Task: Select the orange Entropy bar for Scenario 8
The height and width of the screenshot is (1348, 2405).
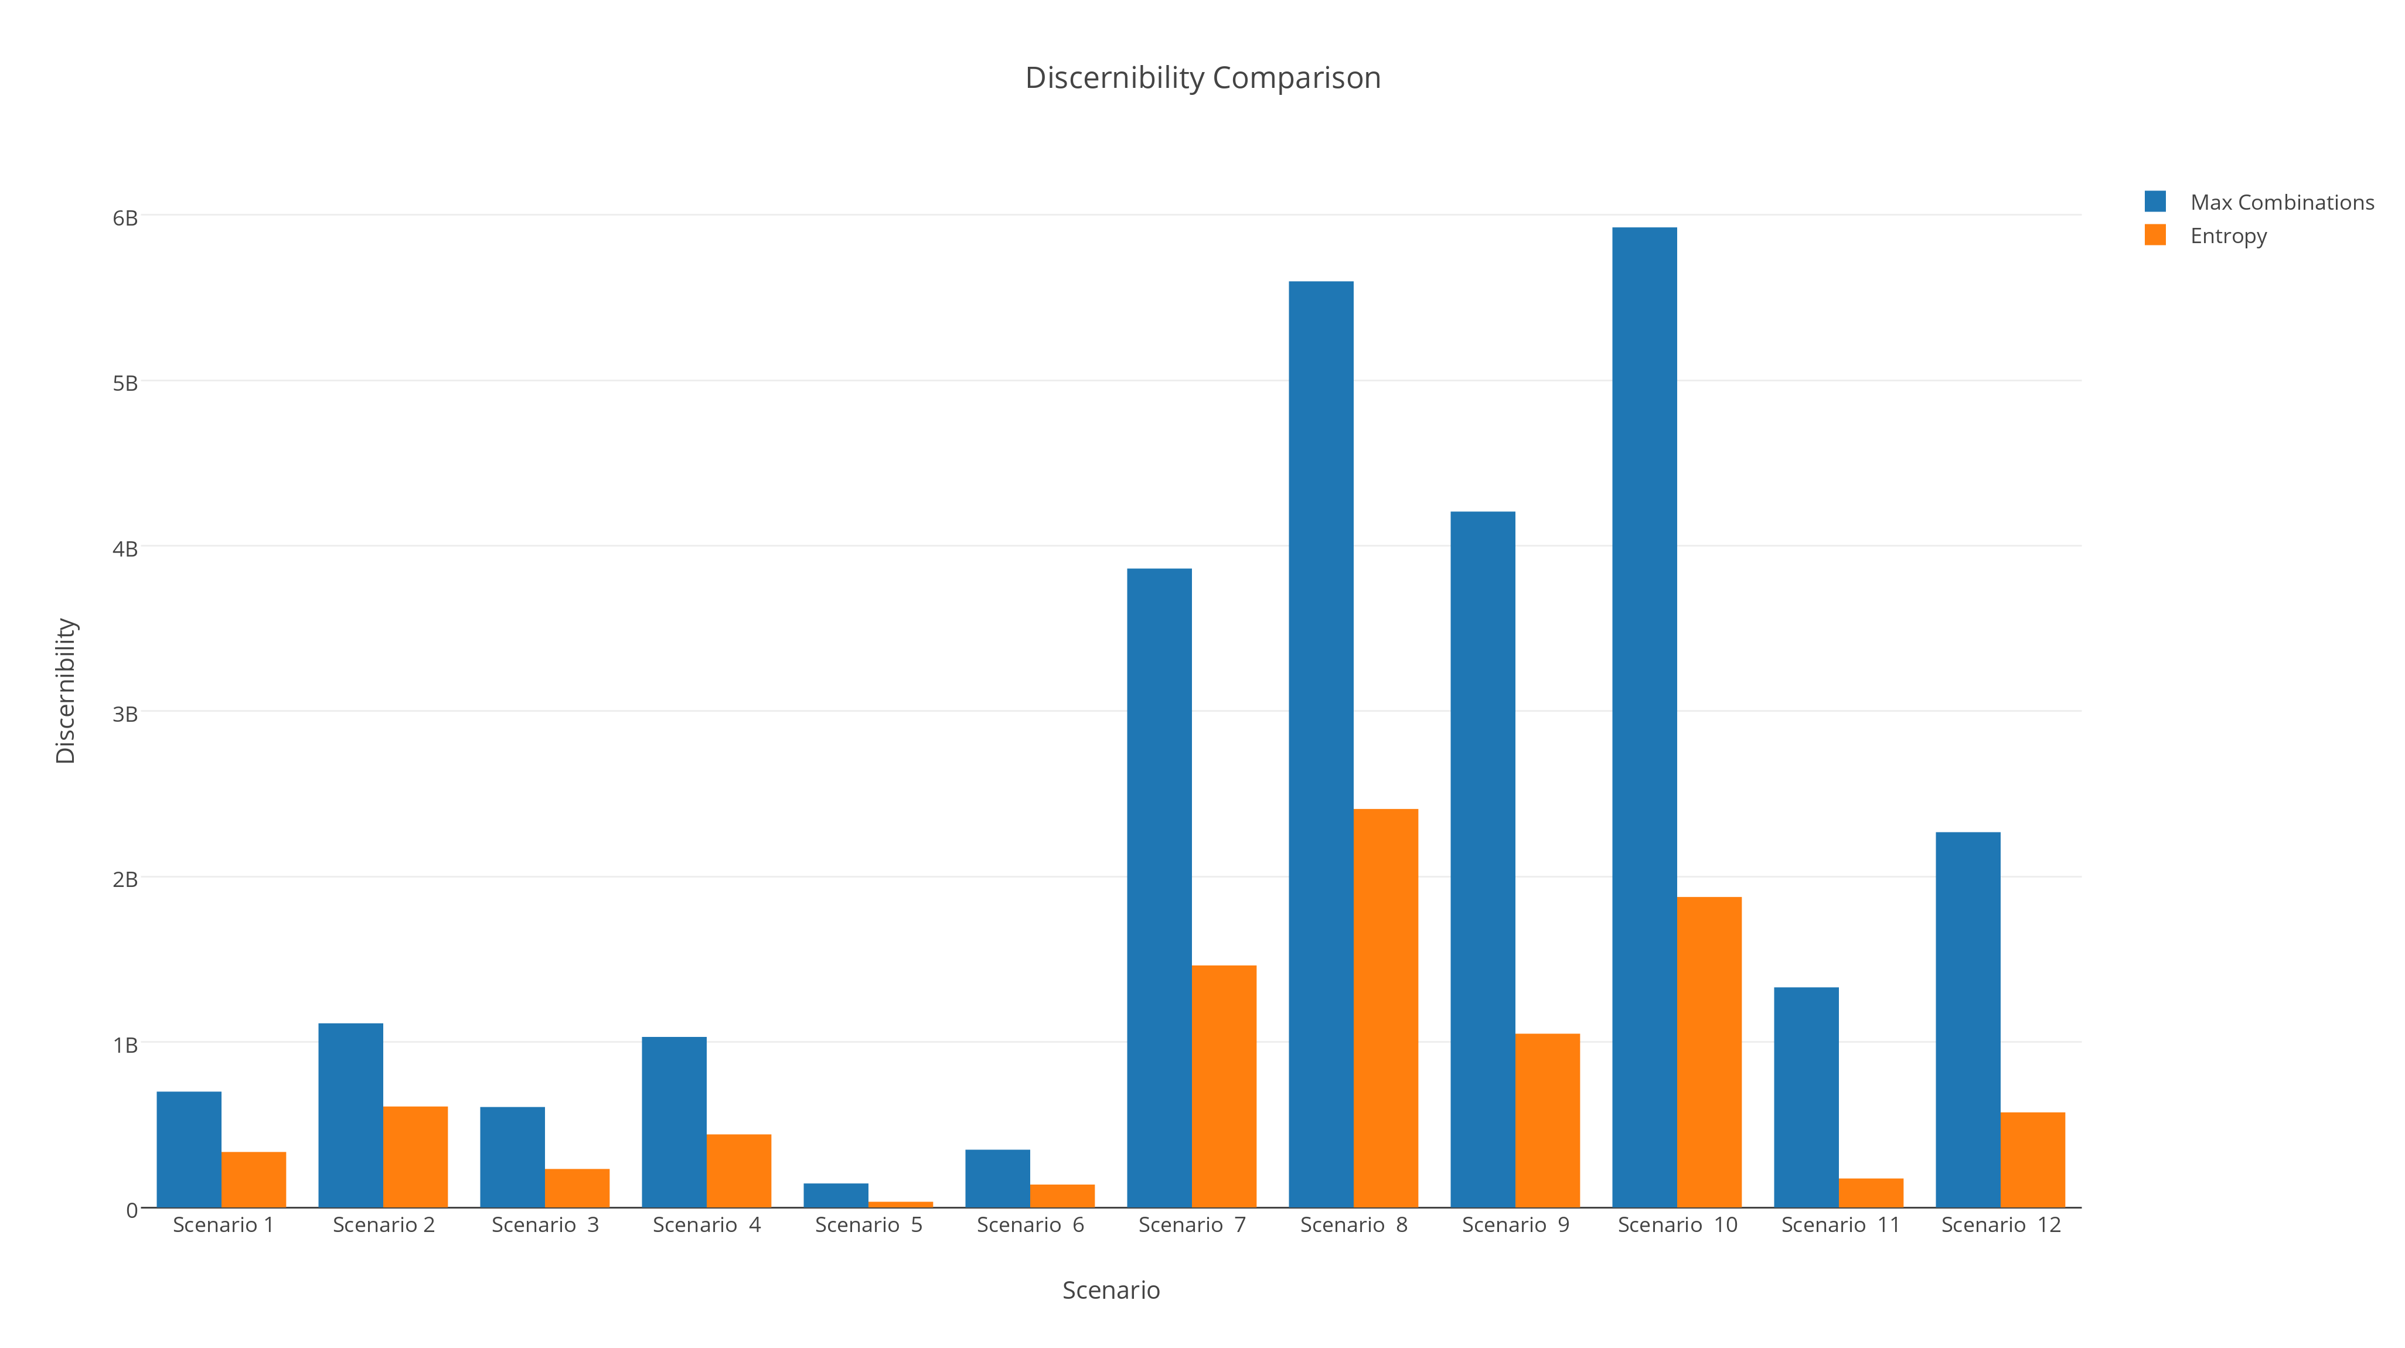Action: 1385,1008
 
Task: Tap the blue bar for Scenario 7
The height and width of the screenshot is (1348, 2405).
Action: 1159,887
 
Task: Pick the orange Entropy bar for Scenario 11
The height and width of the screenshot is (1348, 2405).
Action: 1871,1193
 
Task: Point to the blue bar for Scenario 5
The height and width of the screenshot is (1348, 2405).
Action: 836,1195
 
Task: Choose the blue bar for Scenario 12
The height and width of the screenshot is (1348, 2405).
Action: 1968,1019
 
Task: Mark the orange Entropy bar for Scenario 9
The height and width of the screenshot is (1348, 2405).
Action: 1547,1120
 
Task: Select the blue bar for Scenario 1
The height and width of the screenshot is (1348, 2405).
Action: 189,1149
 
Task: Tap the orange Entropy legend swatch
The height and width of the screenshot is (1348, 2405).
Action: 2155,236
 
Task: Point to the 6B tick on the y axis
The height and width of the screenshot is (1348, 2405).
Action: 125,217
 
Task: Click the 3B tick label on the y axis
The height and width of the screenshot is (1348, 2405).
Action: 125,714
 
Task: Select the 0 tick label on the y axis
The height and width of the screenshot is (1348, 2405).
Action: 132,1210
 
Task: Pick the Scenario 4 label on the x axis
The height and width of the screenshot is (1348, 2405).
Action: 707,1225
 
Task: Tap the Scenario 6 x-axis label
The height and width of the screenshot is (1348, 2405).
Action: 1030,1225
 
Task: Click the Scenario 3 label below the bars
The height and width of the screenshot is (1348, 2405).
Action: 545,1225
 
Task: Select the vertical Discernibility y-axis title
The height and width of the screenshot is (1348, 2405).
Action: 66,691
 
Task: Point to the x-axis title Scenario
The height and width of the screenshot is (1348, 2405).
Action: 1111,1290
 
